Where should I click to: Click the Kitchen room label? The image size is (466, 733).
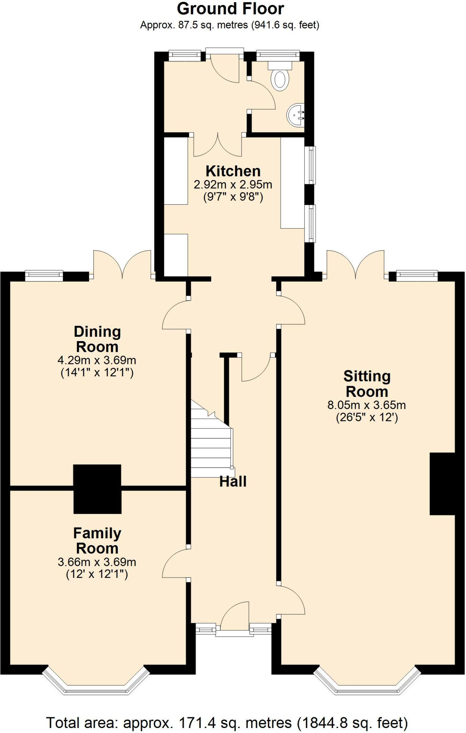pos(233,171)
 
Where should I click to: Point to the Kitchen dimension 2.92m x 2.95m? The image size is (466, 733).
pos(233,185)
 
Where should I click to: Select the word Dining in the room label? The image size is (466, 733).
pos(97,332)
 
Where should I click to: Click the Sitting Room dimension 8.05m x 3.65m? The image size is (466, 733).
pos(367,405)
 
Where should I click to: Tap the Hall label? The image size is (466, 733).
pos(233,482)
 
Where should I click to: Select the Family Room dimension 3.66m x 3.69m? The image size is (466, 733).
pos(97,562)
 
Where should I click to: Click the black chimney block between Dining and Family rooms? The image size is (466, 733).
pos(97,489)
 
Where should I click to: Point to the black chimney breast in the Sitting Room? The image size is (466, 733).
pos(442,484)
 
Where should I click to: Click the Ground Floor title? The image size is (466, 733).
pos(230,9)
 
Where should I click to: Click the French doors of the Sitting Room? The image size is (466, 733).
pos(355,264)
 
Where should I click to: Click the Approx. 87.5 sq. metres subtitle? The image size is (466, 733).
pos(230,25)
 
